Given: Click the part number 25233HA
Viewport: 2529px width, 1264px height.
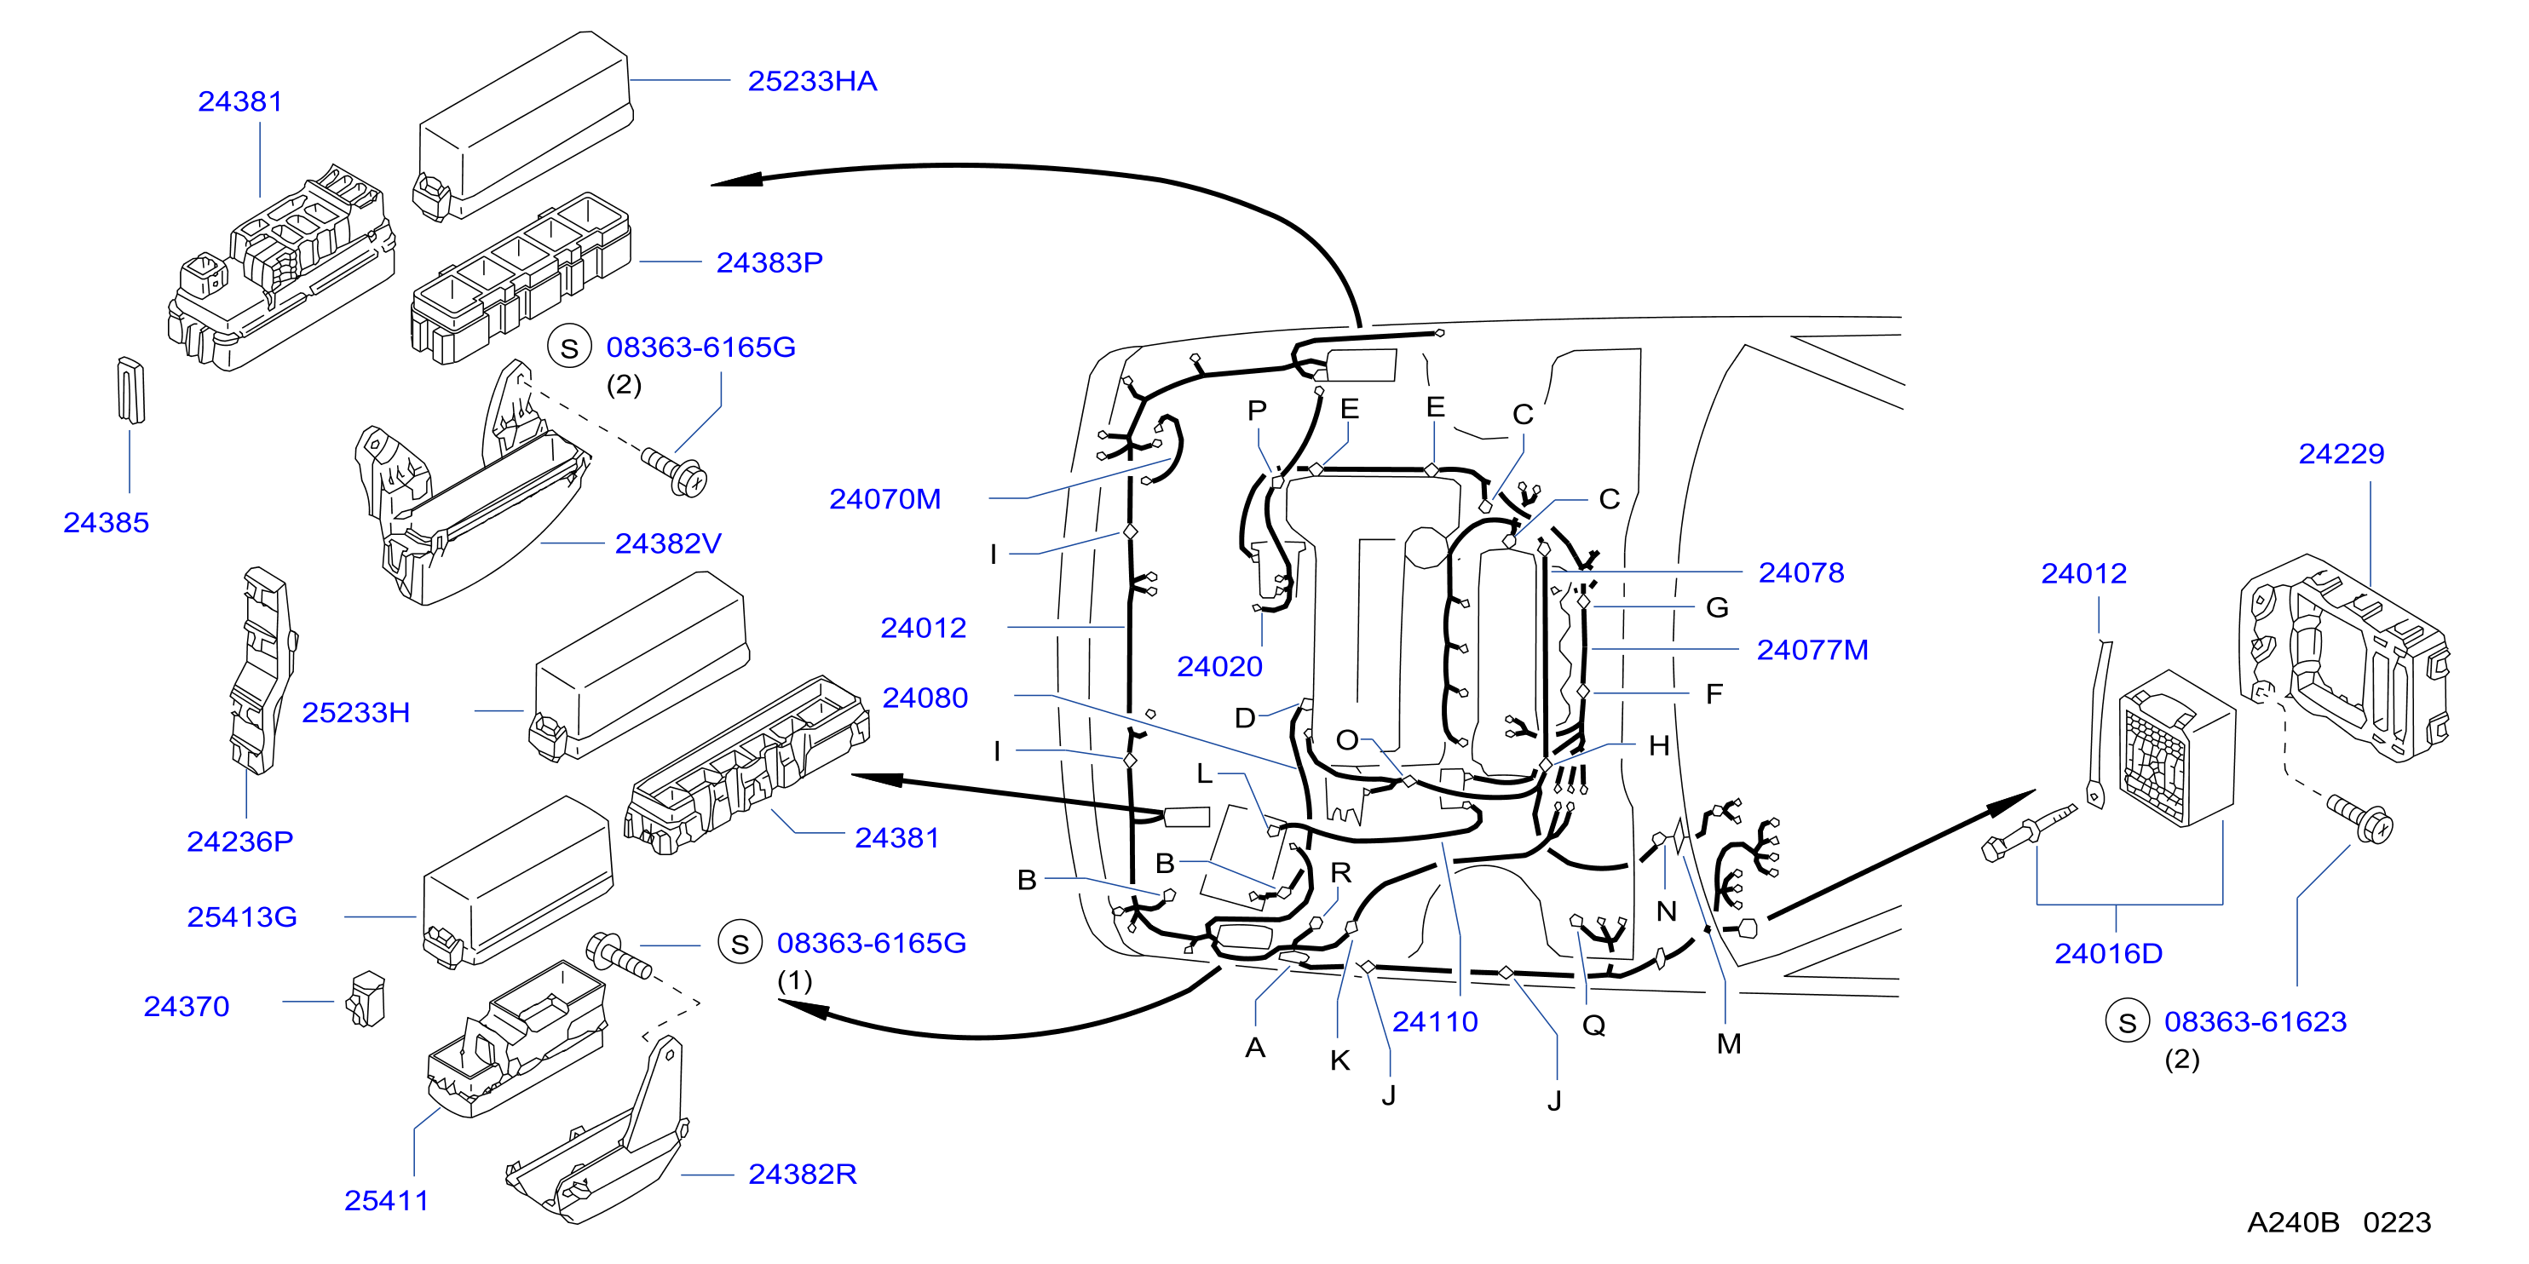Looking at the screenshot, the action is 812,82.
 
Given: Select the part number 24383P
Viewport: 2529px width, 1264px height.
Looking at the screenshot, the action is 769,263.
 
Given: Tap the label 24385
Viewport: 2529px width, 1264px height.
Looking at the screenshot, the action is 106,522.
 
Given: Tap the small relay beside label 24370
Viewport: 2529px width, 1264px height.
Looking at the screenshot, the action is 366,999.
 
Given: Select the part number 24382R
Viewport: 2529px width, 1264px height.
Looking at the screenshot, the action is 802,1174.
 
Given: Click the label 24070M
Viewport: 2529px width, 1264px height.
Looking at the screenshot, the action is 884,499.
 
